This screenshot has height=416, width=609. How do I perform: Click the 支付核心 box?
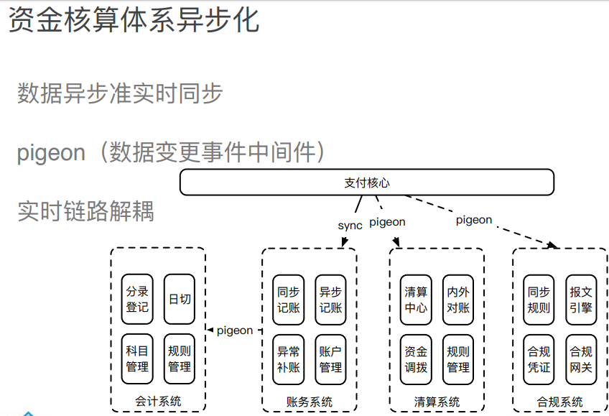[367, 182]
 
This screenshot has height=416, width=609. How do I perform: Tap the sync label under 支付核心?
[350, 226]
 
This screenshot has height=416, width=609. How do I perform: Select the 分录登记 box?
[137, 299]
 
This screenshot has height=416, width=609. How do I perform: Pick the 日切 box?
[180, 299]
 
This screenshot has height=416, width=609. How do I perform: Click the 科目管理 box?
[137, 359]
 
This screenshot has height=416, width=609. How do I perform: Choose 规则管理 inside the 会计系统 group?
[180, 359]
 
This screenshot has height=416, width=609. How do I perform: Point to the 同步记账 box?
[288, 300]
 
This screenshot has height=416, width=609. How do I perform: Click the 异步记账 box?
[330, 300]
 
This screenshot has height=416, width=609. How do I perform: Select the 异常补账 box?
[288, 360]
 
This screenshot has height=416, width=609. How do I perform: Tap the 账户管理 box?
[330, 360]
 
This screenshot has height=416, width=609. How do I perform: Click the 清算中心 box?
[416, 300]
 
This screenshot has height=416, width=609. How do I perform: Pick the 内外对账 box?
[458, 300]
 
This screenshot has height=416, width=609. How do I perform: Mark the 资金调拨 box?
[416, 360]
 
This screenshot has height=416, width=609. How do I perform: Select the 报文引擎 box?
[581, 300]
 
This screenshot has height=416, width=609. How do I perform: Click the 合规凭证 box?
[539, 360]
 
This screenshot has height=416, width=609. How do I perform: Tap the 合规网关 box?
[581, 360]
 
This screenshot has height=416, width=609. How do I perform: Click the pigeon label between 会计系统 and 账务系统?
[235, 331]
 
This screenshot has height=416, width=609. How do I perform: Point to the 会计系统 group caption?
[158, 401]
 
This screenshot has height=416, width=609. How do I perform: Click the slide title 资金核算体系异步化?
[134, 20]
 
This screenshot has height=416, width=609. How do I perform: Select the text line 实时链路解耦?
[85, 211]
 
